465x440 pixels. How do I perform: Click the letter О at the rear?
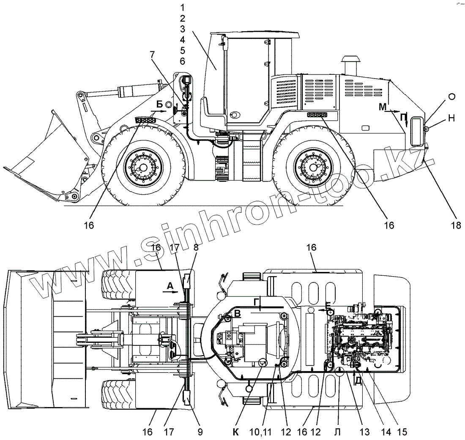point(451,97)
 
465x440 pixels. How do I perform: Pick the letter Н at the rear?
point(451,119)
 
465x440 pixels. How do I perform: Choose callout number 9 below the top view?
point(200,432)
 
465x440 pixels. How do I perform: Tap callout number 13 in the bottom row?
point(364,432)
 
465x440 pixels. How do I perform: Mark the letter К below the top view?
point(236,432)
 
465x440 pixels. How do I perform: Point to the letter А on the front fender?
point(170,286)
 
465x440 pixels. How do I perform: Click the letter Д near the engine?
point(358,380)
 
